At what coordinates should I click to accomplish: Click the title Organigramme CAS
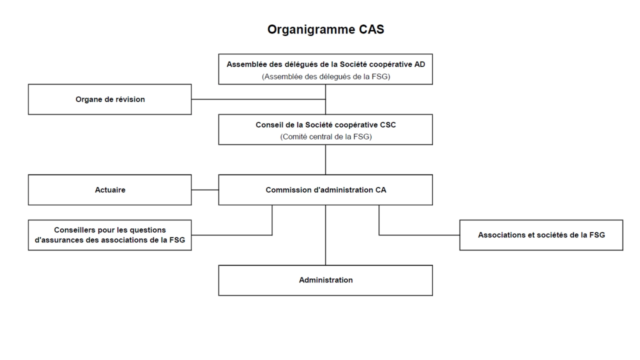[325, 29]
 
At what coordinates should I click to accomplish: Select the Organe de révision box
[109, 99]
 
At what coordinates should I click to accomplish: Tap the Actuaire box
[109, 190]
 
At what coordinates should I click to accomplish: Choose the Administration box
[325, 280]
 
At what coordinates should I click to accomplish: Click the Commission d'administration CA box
[325, 190]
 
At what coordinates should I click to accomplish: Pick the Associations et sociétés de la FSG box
[541, 235]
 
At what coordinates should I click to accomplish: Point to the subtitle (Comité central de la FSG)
[325, 137]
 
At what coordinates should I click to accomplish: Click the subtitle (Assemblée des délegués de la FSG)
[325, 76]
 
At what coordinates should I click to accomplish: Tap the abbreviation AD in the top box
[419, 64]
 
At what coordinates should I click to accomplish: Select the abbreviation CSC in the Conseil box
[387, 125]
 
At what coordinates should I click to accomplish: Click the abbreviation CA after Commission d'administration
[380, 190]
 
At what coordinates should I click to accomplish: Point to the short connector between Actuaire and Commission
[205, 189]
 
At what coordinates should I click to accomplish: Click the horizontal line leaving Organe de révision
[258, 99]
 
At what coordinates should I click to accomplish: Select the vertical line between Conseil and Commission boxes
[325, 159]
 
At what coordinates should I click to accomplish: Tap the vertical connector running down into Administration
[325, 235]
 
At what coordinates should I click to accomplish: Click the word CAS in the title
[371, 29]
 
